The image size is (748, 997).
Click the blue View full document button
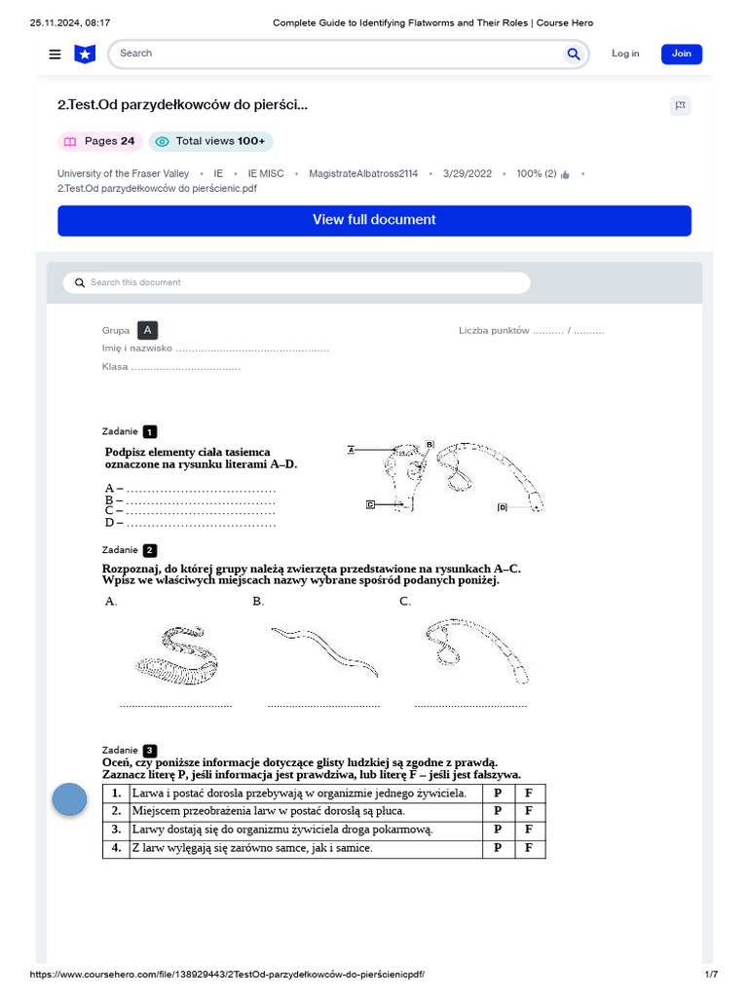pyautogui.click(x=374, y=220)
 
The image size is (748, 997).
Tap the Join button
pyautogui.click(x=681, y=54)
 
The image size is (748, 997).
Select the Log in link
pyautogui.click(x=625, y=54)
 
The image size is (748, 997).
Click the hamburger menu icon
pyautogui.click(x=55, y=55)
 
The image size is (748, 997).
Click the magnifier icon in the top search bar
pyautogui.click(x=574, y=54)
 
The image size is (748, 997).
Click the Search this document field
pyautogui.click(x=297, y=282)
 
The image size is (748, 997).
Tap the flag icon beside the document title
pyautogui.click(x=681, y=106)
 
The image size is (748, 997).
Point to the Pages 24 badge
pyautogui.click(x=100, y=141)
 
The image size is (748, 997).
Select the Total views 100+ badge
pyautogui.click(x=211, y=141)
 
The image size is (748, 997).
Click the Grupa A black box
pyautogui.click(x=147, y=330)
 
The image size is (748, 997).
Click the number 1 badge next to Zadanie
pyautogui.click(x=149, y=431)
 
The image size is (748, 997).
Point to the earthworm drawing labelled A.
pyautogui.click(x=182, y=655)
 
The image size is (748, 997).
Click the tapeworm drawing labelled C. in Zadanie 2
pyautogui.click(x=475, y=650)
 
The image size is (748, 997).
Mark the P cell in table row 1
pyautogui.click(x=498, y=794)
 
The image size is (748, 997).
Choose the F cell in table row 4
pyautogui.click(x=529, y=849)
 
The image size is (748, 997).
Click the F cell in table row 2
pyautogui.click(x=529, y=812)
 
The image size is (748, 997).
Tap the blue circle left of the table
pyautogui.click(x=69, y=799)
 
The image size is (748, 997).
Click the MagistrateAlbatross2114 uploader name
pyautogui.click(x=363, y=173)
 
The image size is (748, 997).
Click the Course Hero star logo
pyautogui.click(x=86, y=55)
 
